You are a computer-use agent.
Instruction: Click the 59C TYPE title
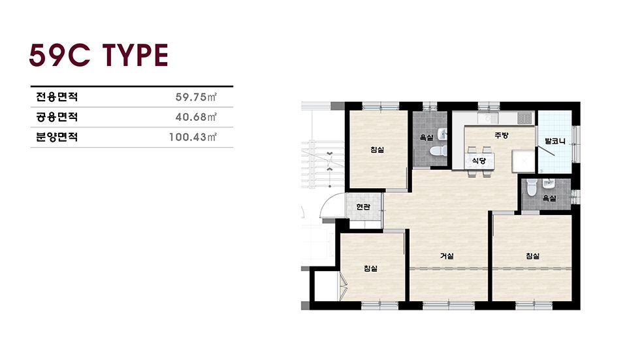tap(99, 55)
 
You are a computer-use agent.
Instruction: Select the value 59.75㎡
tap(196, 97)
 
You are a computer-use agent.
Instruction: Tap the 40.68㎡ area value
tap(196, 117)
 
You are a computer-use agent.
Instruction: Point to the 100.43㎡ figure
tap(193, 137)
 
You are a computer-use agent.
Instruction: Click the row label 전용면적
tap(57, 97)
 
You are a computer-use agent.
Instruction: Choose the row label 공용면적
tap(57, 117)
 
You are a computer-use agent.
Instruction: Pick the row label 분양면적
tap(57, 137)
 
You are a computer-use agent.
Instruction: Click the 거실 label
tap(447, 256)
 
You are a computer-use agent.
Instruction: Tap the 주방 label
tap(501, 135)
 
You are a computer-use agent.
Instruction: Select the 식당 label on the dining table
tap(479, 161)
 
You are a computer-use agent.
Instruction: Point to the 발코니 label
tap(555, 141)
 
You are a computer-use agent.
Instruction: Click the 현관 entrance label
tap(363, 207)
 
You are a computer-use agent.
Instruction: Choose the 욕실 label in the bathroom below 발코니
tap(549, 198)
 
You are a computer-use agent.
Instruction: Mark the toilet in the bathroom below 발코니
tap(532, 188)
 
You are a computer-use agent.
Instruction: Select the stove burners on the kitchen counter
tap(524, 118)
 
